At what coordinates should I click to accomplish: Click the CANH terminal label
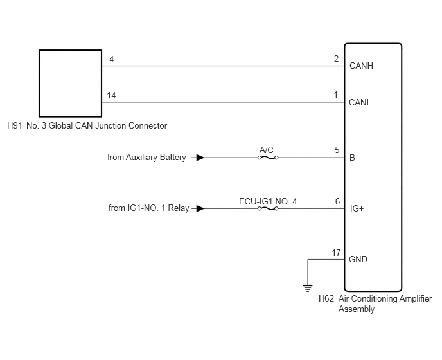(x=361, y=66)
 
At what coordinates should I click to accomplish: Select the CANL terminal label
(x=360, y=102)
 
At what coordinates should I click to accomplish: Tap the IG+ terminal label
(x=357, y=208)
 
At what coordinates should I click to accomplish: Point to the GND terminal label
(x=358, y=259)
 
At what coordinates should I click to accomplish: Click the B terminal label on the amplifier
(x=352, y=157)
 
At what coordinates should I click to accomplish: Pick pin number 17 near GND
(x=336, y=253)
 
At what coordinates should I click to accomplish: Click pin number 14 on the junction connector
(x=111, y=95)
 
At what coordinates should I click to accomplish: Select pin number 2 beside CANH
(x=336, y=59)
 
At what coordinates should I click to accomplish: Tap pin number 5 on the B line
(x=337, y=150)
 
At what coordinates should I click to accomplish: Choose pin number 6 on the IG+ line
(x=337, y=201)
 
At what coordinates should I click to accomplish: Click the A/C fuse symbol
(x=268, y=157)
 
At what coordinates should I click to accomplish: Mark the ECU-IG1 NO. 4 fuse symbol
(x=268, y=209)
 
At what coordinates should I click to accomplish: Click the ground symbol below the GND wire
(x=308, y=288)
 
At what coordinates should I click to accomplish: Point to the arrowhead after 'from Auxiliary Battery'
(x=200, y=157)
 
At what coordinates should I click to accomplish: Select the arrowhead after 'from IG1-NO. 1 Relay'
(x=200, y=208)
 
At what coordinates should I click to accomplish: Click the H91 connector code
(x=14, y=125)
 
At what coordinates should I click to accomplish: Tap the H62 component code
(x=326, y=298)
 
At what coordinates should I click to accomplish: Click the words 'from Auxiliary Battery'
(x=146, y=157)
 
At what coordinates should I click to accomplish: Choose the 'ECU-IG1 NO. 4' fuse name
(x=268, y=201)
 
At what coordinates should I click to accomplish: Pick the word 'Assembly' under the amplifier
(x=357, y=309)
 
